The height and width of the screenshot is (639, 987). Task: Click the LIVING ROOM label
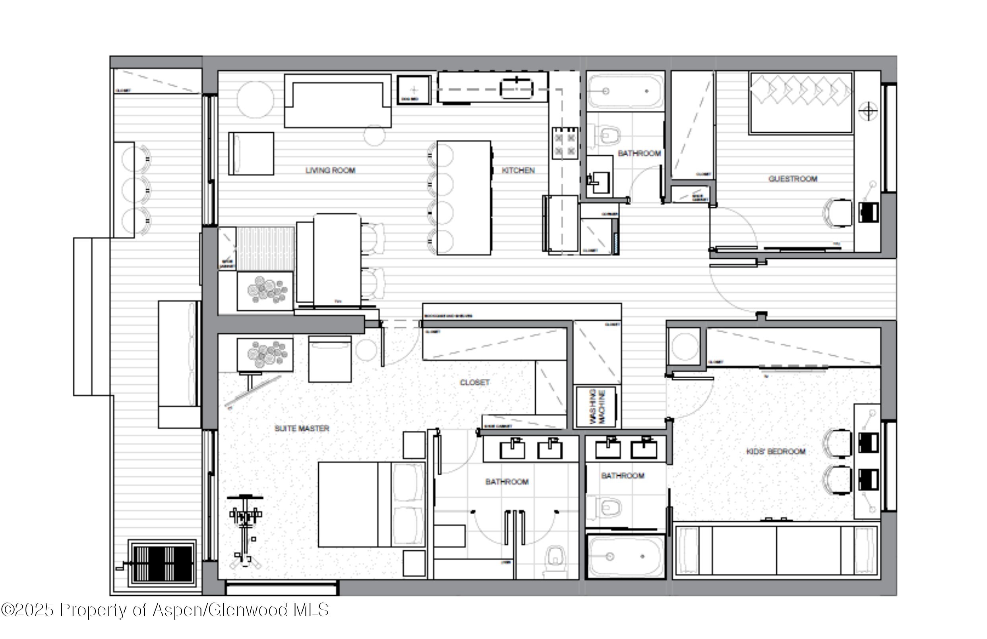(330, 170)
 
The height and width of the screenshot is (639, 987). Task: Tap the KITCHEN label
(518, 170)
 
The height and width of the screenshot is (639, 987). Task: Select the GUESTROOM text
(793, 179)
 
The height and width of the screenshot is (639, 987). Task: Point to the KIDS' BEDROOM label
(776, 451)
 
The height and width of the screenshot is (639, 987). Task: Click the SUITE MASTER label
(302, 428)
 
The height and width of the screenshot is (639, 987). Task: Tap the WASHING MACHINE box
(597, 407)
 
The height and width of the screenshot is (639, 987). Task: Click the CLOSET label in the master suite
(474, 382)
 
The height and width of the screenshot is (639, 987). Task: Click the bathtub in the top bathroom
(625, 91)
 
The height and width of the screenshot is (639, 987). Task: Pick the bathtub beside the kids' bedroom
(625, 556)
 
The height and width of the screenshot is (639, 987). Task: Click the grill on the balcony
(162, 563)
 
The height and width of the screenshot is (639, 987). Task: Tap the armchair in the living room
(251, 154)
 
